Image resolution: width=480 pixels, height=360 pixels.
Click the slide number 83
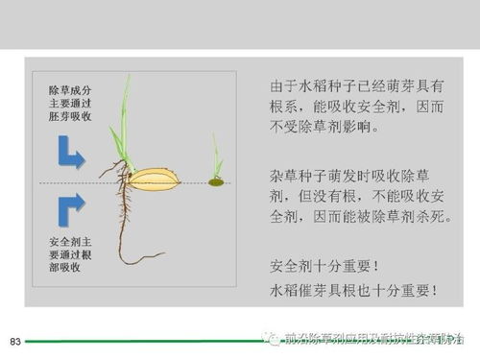coord(14,342)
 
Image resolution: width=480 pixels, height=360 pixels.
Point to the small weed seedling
coord(216,165)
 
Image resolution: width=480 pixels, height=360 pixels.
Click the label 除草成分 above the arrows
coord(72,90)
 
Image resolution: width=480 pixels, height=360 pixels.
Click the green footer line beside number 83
coord(134,342)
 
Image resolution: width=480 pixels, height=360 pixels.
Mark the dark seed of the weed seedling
coord(216,181)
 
